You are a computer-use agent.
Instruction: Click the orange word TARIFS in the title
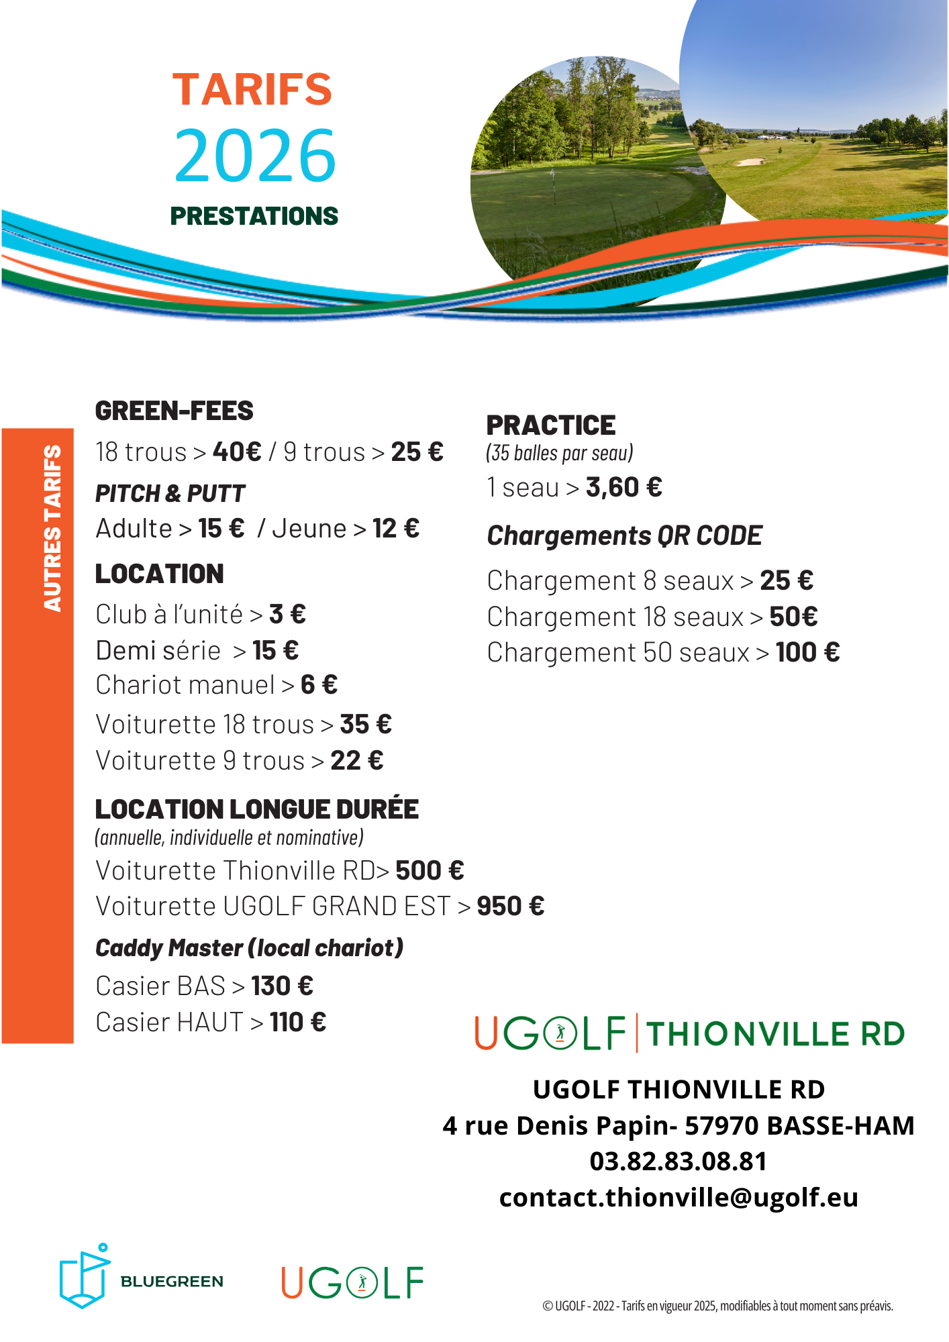[252, 89]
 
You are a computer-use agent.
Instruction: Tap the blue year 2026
[255, 156]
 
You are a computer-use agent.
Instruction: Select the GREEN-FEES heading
[174, 411]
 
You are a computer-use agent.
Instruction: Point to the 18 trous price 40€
[237, 452]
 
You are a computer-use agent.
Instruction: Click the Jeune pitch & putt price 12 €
[396, 529]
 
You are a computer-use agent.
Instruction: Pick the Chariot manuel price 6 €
[319, 685]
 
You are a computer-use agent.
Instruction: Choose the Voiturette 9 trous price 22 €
[357, 761]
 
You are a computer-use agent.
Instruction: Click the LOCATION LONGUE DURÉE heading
[257, 809]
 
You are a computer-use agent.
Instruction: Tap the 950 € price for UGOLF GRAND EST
[511, 907]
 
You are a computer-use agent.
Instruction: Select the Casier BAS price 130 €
[282, 986]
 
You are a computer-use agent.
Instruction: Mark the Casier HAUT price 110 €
[298, 1023]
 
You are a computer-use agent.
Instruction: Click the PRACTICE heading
[551, 425]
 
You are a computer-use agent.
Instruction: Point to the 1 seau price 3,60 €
[624, 488]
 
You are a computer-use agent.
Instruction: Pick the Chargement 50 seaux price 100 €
[808, 652]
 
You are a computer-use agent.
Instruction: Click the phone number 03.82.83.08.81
[679, 1162]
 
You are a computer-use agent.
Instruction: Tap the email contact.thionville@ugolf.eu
[679, 1198]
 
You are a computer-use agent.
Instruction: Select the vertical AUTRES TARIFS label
[52, 528]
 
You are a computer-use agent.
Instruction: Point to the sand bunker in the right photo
[751, 162]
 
